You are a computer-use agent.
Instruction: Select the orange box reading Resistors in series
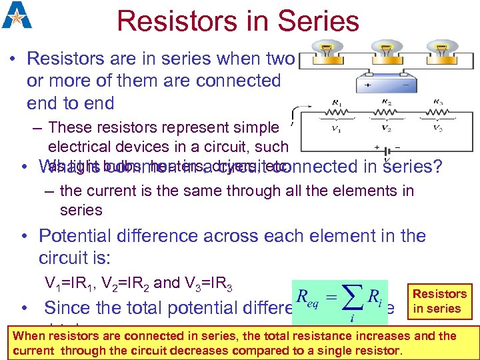[439, 301]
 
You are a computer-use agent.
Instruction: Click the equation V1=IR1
[69, 284]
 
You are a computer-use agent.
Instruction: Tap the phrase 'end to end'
[71, 103]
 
